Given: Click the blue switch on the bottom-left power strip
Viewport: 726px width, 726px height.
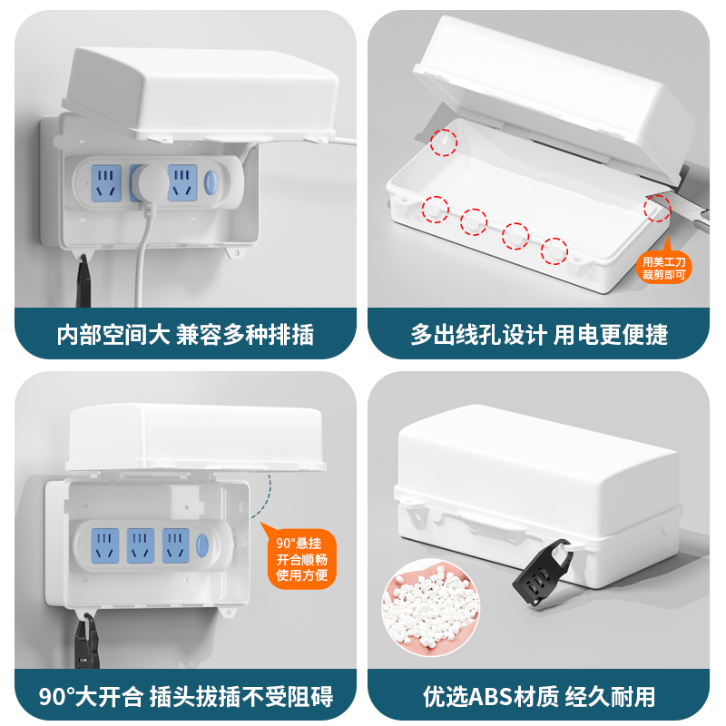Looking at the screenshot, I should click(x=201, y=546).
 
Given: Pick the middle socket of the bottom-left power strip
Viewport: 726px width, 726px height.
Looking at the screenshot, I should click(x=139, y=544).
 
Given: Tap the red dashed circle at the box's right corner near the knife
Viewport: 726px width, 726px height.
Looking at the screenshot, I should click(x=657, y=209).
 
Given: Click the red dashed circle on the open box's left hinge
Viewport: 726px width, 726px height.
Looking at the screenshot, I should click(x=443, y=142).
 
